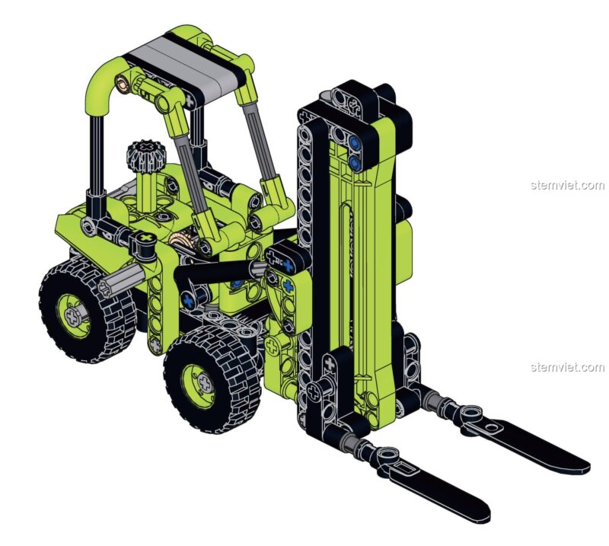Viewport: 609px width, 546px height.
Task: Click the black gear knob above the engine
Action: click(146, 155)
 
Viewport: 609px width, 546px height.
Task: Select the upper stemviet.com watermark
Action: click(567, 185)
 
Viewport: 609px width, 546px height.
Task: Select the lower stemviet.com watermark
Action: click(567, 367)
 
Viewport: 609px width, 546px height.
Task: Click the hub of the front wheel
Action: click(205, 384)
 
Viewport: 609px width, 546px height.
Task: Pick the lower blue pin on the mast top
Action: click(354, 162)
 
